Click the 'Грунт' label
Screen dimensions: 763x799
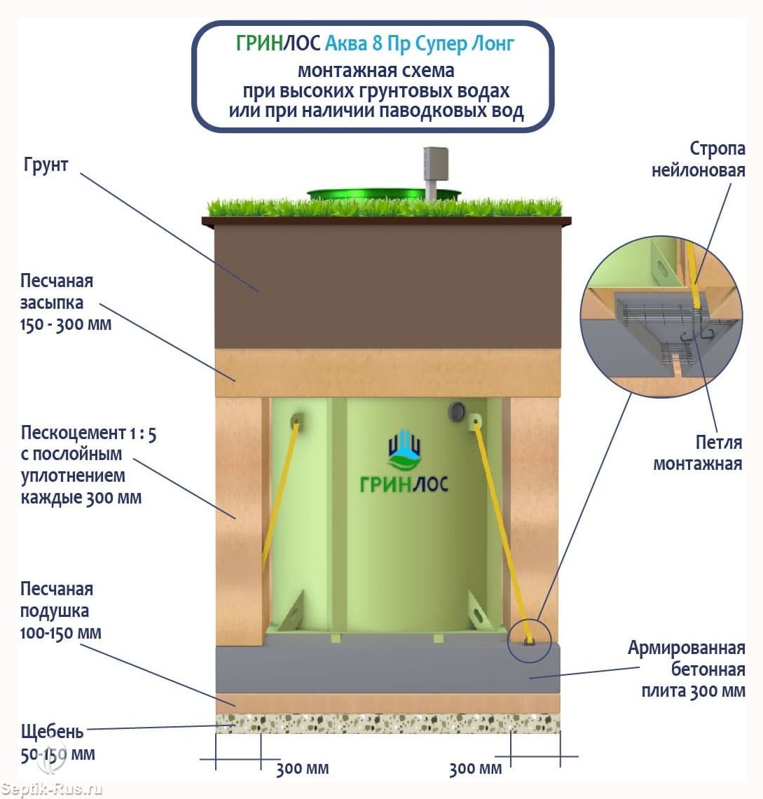coord(46,165)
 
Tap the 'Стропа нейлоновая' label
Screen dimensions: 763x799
coord(699,159)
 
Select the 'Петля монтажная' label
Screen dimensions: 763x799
coord(698,453)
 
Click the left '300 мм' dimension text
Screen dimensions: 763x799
coord(302,768)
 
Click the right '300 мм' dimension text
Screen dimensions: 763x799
coord(475,768)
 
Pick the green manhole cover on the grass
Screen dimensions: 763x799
coord(384,194)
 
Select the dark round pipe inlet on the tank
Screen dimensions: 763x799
coord(457,411)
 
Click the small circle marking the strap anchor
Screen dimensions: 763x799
coord(530,640)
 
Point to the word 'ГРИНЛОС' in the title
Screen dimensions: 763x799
coord(278,44)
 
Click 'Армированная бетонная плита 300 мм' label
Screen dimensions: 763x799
coord(687,669)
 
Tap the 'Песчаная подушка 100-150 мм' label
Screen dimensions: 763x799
coord(61,611)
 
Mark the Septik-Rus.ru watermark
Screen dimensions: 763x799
coord(51,789)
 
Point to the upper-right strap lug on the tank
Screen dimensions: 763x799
coord(475,422)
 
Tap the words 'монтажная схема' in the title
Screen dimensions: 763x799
coord(376,70)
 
